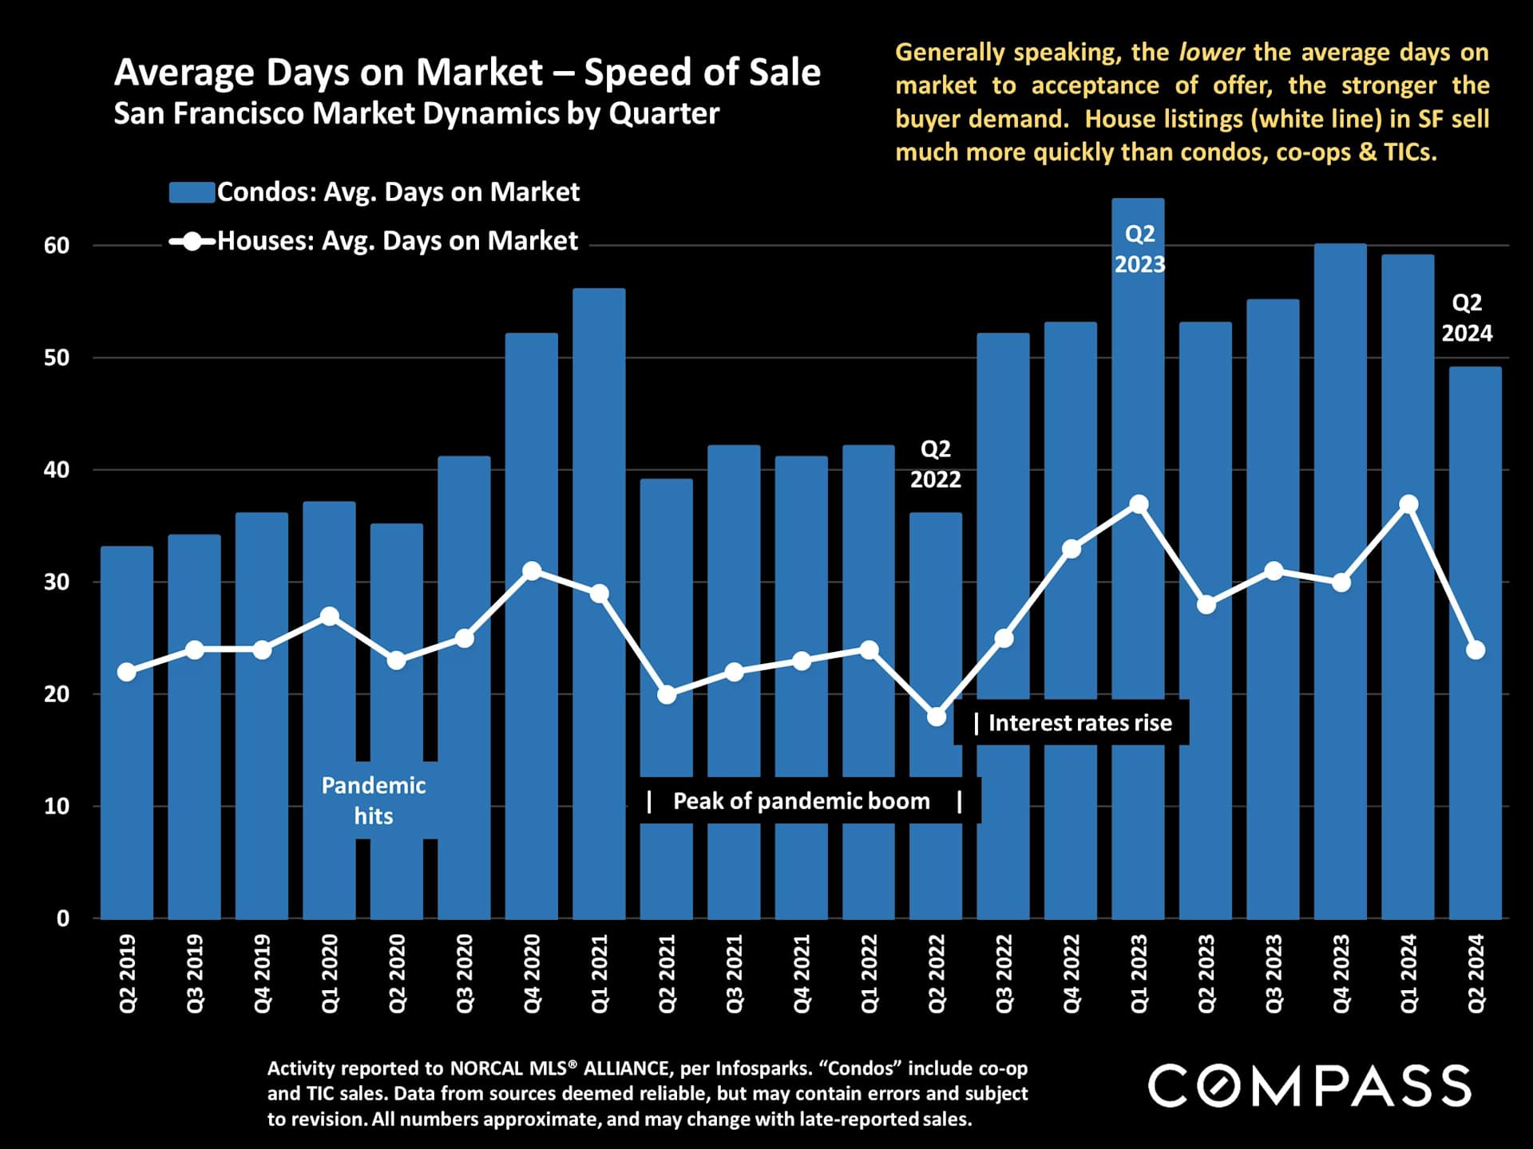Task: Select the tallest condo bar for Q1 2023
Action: tap(1138, 559)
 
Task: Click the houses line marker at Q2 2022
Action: tap(937, 717)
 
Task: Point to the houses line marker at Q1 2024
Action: tap(1408, 504)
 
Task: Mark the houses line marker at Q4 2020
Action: tap(532, 571)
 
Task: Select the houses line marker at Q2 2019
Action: tap(127, 672)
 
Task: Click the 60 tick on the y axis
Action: tap(57, 246)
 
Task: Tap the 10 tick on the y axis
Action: tap(57, 807)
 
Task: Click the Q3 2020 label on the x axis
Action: tap(464, 973)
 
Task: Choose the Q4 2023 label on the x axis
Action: tap(1341, 973)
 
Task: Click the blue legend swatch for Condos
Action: tap(192, 192)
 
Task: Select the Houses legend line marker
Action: tap(192, 241)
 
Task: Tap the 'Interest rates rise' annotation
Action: tap(1079, 723)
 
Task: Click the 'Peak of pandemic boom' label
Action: tap(801, 801)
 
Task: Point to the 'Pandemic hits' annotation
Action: tap(374, 800)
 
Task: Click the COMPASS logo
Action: tap(1309, 1086)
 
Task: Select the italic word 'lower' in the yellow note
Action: tap(1211, 53)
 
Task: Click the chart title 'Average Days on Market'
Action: tap(467, 73)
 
